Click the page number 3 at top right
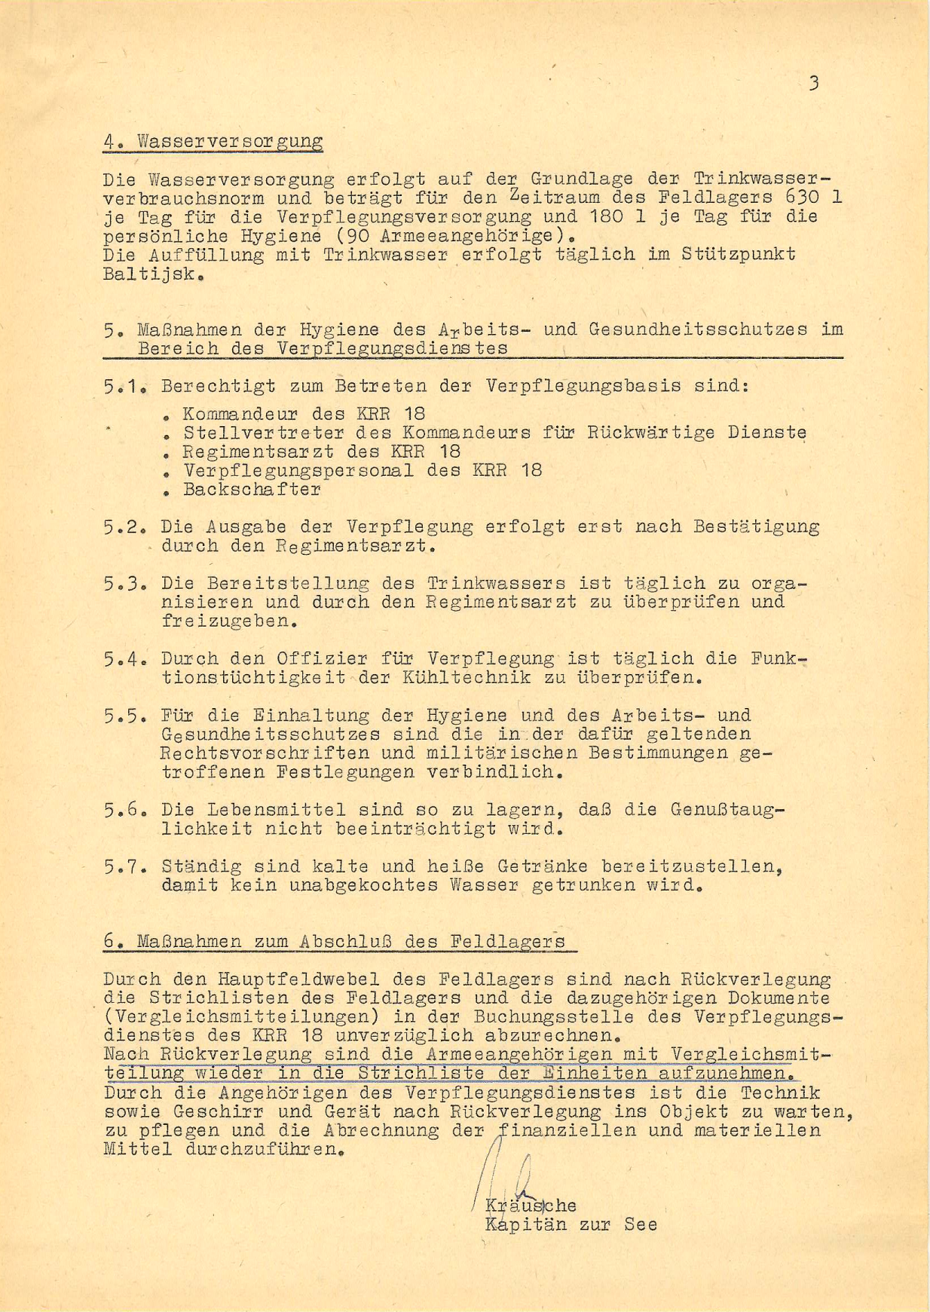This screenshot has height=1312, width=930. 813,83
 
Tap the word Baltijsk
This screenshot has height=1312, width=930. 151,274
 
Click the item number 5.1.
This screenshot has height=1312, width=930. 124,387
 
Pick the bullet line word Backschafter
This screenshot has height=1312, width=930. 252,489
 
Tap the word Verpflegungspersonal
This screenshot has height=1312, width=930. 298,471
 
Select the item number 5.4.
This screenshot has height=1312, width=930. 124,659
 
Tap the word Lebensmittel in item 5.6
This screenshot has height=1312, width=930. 276,810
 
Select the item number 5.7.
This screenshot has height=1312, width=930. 124,866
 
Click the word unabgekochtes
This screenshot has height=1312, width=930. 363,885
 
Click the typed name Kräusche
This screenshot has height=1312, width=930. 531,1206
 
